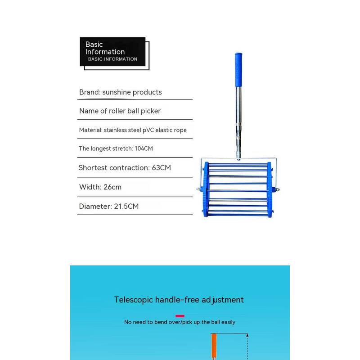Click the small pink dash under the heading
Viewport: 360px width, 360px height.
tap(180, 316)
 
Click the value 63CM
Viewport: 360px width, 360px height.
tap(161, 168)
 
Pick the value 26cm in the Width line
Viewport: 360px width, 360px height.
tap(112, 187)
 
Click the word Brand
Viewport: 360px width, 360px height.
tap(89, 92)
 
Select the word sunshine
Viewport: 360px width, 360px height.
tap(117, 92)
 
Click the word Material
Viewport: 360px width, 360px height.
tap(90, 130)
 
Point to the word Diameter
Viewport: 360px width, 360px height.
tap(94, 207)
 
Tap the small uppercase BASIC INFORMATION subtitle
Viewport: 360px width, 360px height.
tap(112, 59)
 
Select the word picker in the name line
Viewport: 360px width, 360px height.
tap(150, 111)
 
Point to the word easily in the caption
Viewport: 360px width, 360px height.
tap(227, 322)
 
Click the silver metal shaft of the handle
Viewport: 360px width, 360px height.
tap(236, 112)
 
